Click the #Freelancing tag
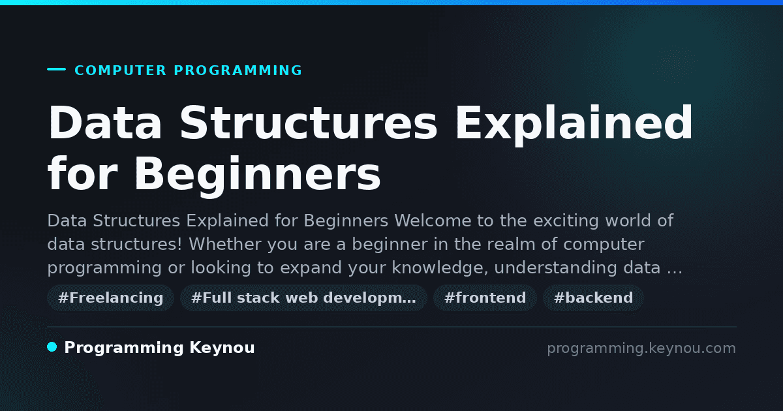coord(110,298)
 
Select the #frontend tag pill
coord(485,298)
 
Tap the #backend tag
coord(593,298)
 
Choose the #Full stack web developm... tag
coord(303,298)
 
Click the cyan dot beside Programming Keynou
coord(52,347)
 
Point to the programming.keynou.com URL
coord(641,348)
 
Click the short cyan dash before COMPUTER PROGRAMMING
coord(56,69)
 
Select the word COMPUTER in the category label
coord(120,70)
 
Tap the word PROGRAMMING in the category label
coord(238,70)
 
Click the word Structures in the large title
coord(308,123)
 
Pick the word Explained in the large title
coord(574,125)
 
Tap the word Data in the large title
coord(105,123)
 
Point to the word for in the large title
coord(82,174)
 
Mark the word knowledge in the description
coord(439,268)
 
